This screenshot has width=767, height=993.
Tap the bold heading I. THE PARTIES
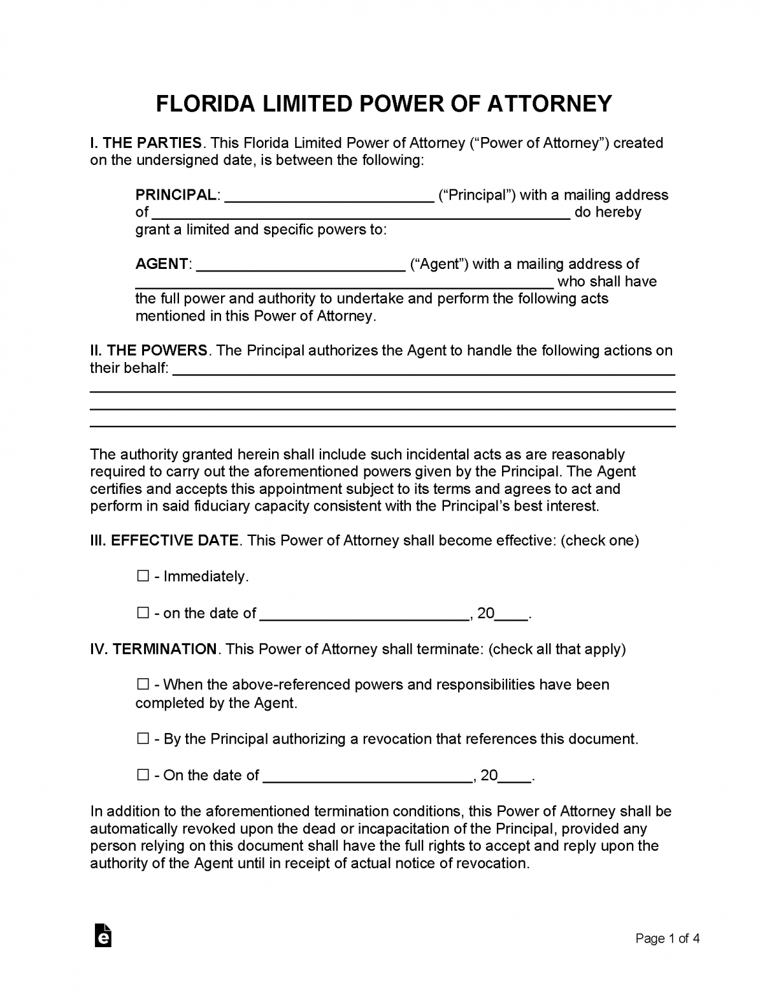[146, 143]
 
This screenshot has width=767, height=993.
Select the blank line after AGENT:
[300, 265]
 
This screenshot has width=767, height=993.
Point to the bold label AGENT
[162, 264]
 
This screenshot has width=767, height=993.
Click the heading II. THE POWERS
[149, 351]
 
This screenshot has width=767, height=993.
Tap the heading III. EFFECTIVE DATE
[164, 540]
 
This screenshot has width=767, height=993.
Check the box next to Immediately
[143, 576]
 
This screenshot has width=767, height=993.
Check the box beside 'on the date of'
[143, 613]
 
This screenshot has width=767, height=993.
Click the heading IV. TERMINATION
[153, 649]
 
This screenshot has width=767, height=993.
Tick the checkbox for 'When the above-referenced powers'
[143, 684]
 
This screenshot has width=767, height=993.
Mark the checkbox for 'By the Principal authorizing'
[143, 738]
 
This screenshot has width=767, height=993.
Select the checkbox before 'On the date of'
[143, 774]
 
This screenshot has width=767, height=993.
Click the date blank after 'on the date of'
[364, 614]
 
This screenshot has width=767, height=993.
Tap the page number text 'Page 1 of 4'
[667, 939]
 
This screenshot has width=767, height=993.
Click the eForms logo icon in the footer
[103, 935]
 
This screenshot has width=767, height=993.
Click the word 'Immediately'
[205, 577]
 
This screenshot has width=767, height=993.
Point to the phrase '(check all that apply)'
[557, 649]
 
